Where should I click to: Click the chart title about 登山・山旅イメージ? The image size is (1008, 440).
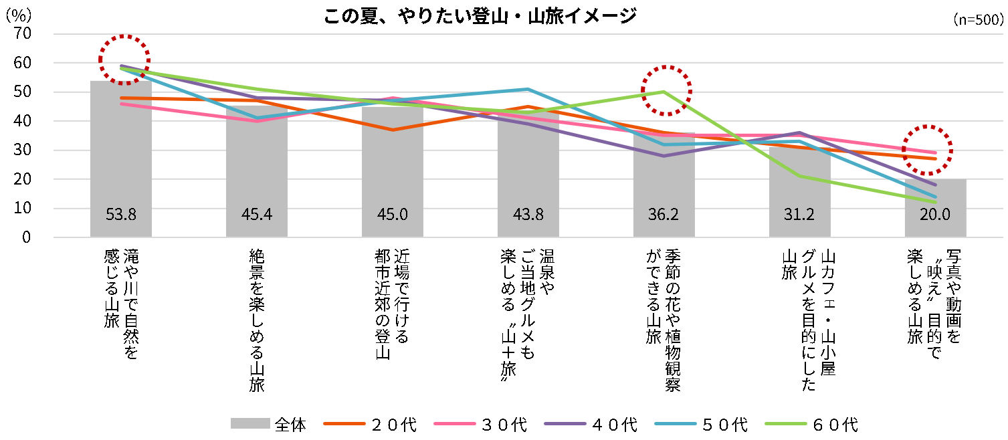pyautogui.click(x=479, y=16)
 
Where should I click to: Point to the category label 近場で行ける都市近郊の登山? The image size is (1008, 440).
pyautogui.click(x=393, y=304)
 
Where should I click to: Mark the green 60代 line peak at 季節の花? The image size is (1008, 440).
pyautogui.click(x=664, y=92)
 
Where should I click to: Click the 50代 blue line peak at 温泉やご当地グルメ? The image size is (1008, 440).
pyautogui.click(x=528, y=89)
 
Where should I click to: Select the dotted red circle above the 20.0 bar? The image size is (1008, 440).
pyautogui.click(x=927, y=150)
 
